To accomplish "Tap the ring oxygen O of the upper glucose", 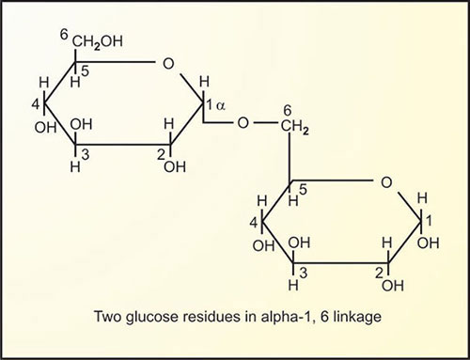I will (x=166, y=64).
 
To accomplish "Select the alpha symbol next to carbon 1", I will (x=221, y=106).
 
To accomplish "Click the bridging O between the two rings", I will (x=243, y=121).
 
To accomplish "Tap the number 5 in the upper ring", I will (x=84, y=70).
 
